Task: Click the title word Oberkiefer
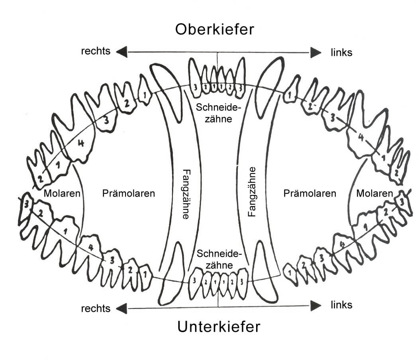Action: click(214, 29)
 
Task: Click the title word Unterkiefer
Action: click(219, 327)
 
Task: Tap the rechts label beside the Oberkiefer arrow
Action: click(96, 51)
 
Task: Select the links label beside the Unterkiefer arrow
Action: click(341, 305)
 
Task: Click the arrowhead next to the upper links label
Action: click(316, 52)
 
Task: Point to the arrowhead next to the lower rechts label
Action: click(121, 308)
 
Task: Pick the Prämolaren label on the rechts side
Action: click(128, 194)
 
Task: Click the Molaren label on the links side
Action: click(374, 194)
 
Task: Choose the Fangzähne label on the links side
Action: click(252, 191)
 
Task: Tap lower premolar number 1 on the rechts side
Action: click(145, 275)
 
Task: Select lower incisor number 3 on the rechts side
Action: click(194, 281)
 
